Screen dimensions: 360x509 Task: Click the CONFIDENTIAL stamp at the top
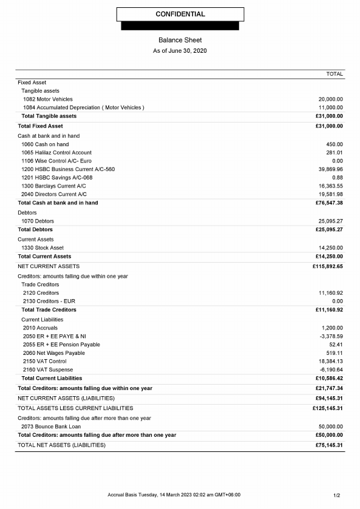pyautogui.click(x=180, y=14)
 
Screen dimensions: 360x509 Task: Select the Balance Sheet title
pyautogui.click(x=180, y=40)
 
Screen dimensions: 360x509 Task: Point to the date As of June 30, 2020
pyautogui.click(x=180, y=50)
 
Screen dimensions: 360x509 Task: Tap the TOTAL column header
pyautogui.click(x=335, y=74)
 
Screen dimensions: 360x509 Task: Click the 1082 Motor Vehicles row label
pyautogui.click(x=48, y=99)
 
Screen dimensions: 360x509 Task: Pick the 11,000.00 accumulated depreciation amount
pyautogui.click(x=331, y=107)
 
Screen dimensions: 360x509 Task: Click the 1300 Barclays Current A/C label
pyautogui.click(x=54, y=186)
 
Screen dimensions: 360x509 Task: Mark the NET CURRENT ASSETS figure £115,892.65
pyautogui.click(x=328, y=266)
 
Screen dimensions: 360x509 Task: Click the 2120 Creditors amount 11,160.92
pyautogui.click(x=331, y=293)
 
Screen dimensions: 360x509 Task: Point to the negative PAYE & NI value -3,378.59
pyautogui.click(x=331, y=336)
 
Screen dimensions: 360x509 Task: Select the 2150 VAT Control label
pyautogui.click(x=45, y=361)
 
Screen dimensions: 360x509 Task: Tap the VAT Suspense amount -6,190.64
pyautogui.click(x=331, y=369)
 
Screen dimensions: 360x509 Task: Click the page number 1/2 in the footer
pyautogui.click(x=337, y=495)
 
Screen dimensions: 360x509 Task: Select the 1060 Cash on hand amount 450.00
pyautogui.click(x=335, y=144)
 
